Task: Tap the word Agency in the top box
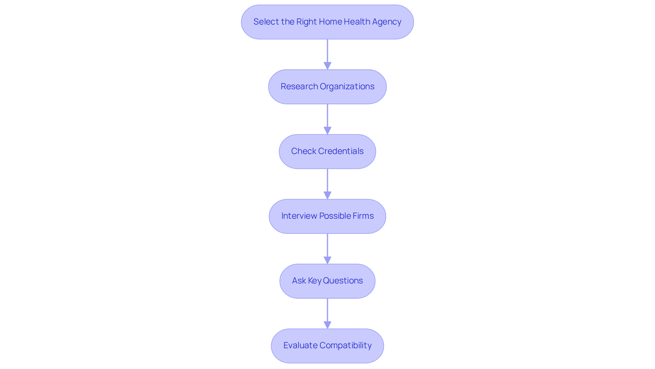(387, 22)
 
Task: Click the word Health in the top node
(357, 22)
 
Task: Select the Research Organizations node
(327, 87)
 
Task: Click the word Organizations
(347, 87)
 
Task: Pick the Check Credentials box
(327, 152)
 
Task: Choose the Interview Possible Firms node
(327, 216)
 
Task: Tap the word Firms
(364, 216)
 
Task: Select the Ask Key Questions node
(327, 281)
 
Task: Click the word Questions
(343, 281)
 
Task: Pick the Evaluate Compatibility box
(327, 346)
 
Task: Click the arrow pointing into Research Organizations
(327, 55)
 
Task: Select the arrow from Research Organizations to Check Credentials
(327, 119)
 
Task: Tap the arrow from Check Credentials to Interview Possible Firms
(327, 184)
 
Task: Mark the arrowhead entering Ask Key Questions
(327, 260)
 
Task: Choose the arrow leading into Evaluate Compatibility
(327, 313)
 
